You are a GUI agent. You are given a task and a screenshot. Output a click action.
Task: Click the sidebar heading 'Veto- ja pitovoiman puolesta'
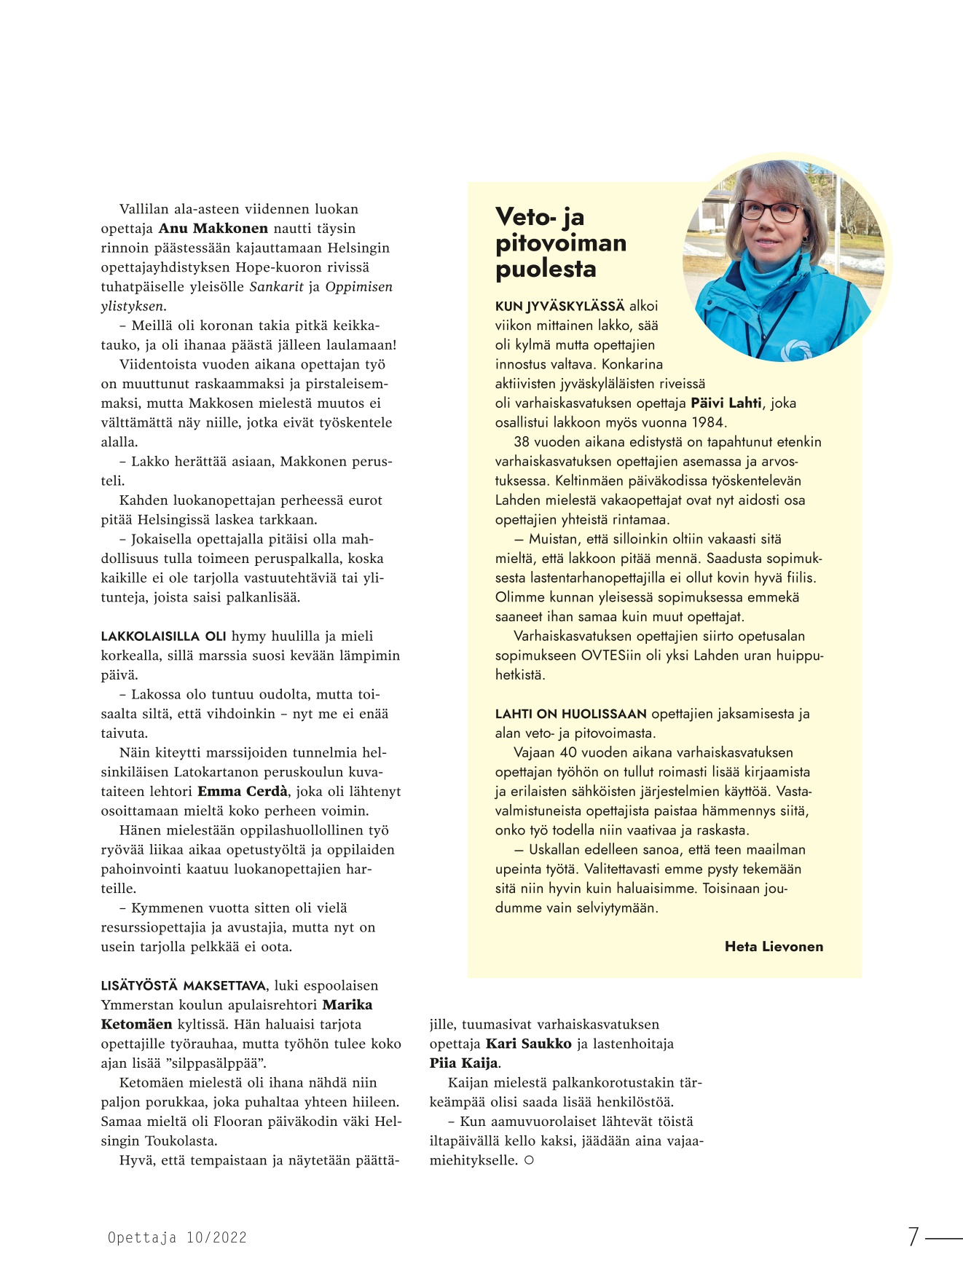560,243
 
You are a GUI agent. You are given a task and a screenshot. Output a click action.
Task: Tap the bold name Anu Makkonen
213,229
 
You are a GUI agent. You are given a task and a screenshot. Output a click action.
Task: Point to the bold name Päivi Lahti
726,403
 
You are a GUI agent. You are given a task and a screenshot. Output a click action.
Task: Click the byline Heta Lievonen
774,947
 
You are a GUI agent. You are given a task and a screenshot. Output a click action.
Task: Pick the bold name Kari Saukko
528,1044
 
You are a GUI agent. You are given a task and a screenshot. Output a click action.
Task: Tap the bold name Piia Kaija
463,1063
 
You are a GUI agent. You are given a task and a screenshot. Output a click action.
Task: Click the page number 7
913,1237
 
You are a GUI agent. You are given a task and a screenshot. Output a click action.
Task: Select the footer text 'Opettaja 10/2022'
177,1237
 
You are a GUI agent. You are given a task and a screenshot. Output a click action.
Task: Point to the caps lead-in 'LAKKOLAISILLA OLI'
163,637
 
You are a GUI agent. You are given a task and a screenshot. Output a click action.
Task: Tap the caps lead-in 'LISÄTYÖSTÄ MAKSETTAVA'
183,986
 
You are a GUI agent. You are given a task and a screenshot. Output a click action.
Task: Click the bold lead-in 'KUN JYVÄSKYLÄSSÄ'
559,307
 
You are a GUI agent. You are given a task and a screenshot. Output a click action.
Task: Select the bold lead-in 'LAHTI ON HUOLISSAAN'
570,714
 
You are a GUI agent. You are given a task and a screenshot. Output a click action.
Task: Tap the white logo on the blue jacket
795,351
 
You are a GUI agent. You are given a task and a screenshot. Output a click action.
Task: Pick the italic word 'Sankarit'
276,287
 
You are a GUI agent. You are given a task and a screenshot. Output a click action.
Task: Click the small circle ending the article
529,1160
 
